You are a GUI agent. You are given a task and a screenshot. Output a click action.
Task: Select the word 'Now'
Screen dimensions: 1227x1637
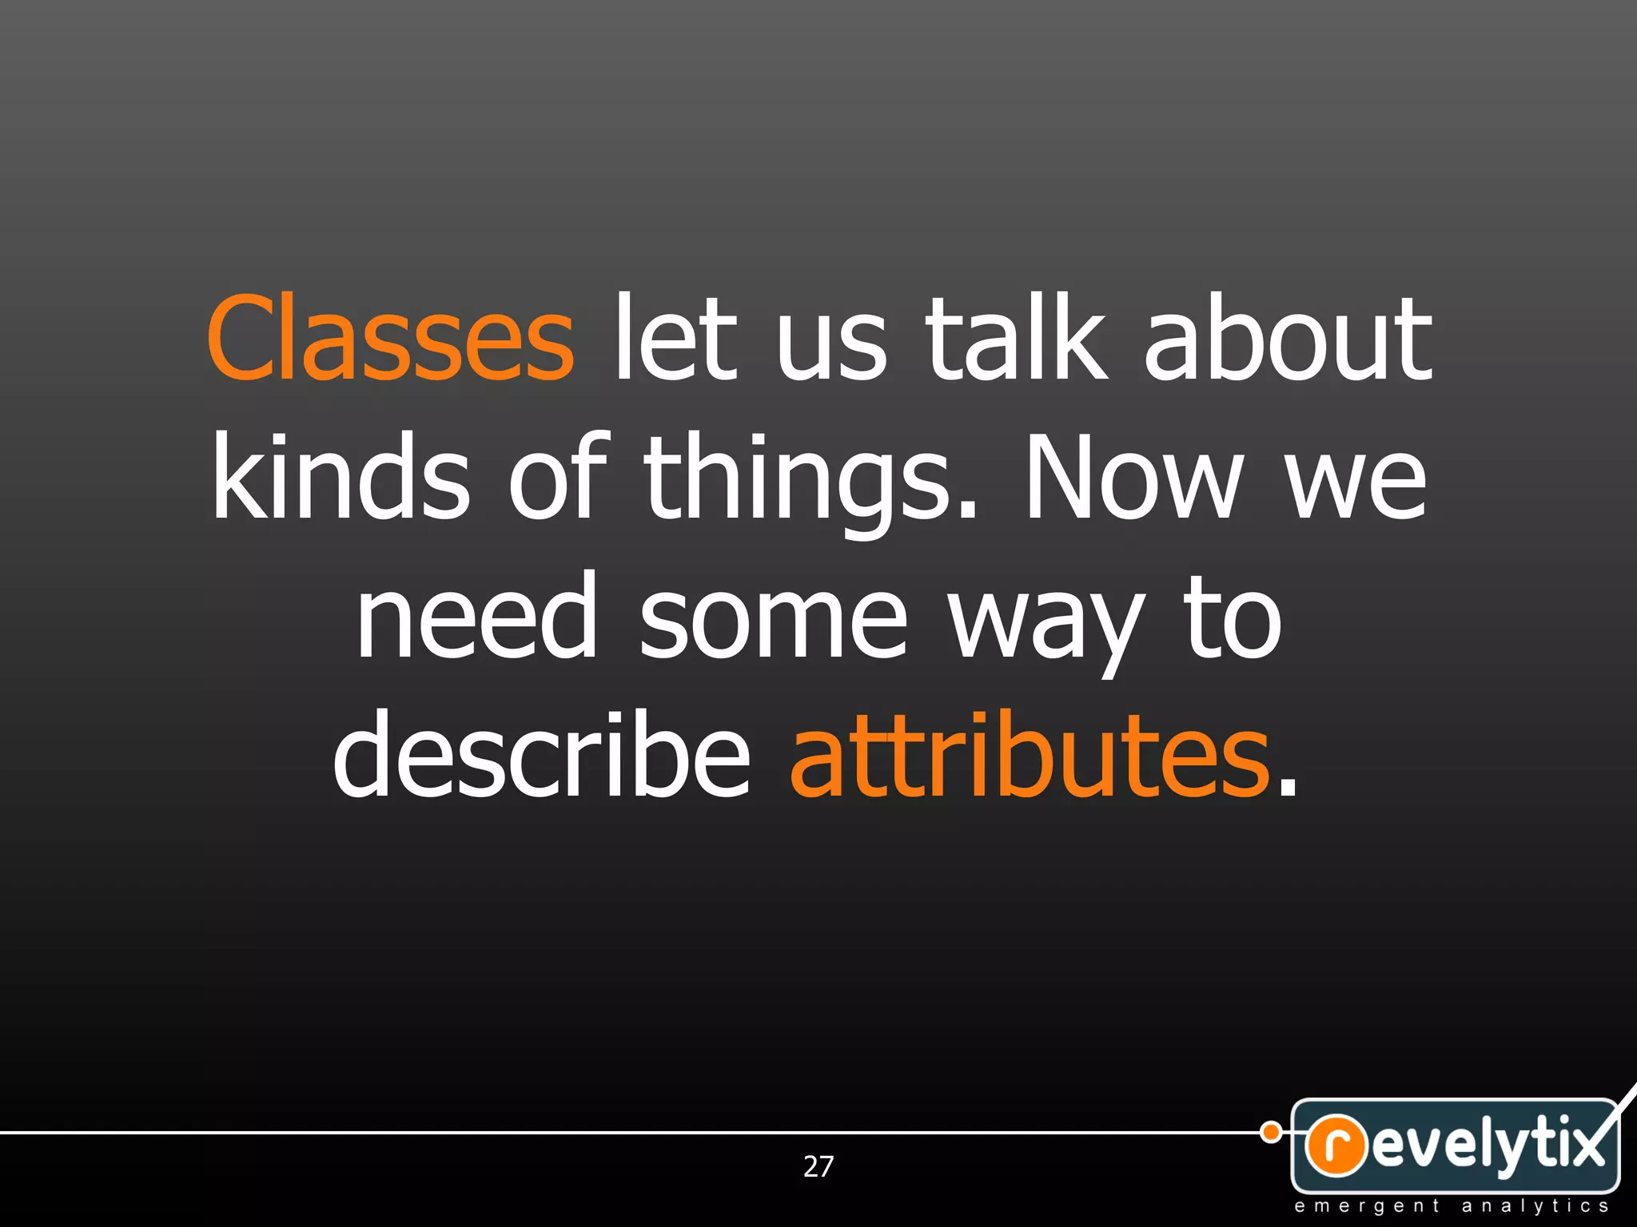(1133, 477)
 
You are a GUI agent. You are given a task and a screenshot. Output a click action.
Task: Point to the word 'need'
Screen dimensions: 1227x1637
(477, 616)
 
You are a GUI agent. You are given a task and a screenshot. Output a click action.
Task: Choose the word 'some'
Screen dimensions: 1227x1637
(773, 616)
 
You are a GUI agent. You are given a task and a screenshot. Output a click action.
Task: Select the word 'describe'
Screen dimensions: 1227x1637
(541, 755)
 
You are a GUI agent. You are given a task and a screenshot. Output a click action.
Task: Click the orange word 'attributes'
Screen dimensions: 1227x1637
(1030, 755)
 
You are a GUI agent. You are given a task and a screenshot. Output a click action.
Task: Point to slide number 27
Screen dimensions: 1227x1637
(818, 1166)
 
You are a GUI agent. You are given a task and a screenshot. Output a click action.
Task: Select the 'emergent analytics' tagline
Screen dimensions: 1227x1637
(1452, 1206)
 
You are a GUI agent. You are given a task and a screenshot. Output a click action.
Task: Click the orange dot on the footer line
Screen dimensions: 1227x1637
(1270, 1132)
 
